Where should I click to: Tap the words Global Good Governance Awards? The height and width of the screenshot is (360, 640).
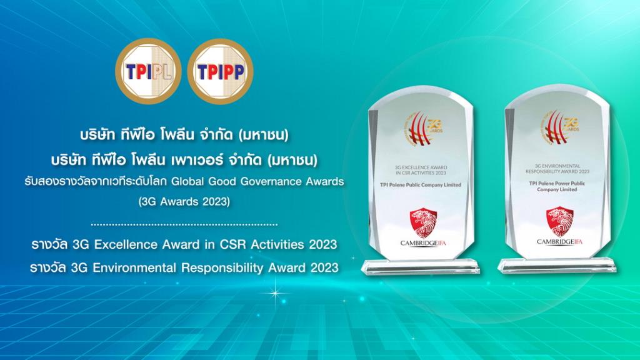[278, 181]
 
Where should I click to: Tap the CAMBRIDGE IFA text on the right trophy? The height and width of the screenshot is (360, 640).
[560, 242]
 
